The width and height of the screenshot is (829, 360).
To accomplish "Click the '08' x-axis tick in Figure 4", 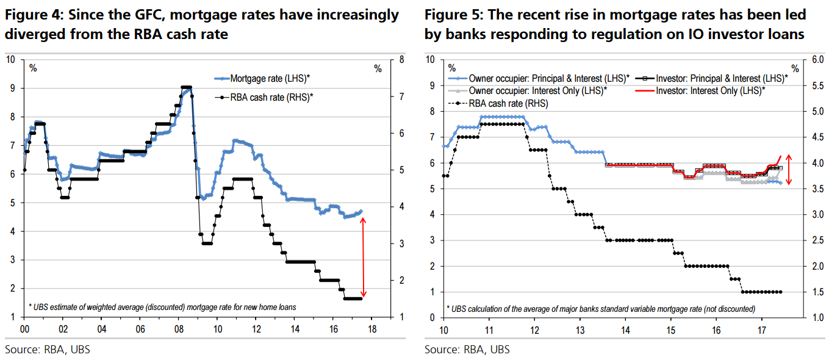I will click(179, 328).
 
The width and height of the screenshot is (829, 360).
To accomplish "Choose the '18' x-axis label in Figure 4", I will click(373, 328).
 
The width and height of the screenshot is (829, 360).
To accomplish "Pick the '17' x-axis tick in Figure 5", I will click(761, 329).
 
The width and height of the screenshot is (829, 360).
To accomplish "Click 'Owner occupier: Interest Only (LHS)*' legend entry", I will click(537, 90).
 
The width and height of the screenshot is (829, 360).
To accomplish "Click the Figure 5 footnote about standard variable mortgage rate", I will click(601, 308).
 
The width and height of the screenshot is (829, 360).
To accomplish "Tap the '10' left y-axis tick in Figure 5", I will click(430, 60).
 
